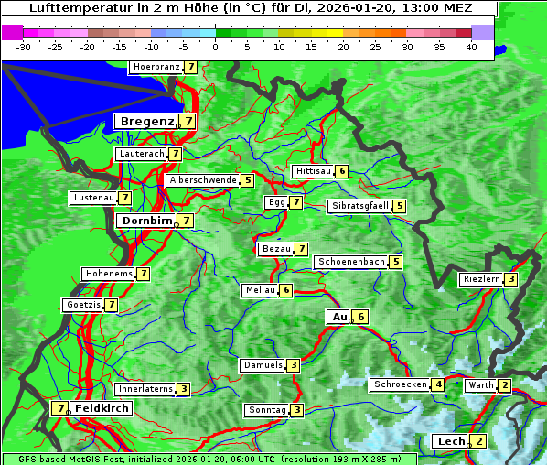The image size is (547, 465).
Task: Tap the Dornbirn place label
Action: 145,221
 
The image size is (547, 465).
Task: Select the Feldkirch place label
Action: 102,408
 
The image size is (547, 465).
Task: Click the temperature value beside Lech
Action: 479,441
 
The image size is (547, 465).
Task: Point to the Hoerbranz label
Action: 155,67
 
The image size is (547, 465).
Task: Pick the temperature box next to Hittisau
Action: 341,171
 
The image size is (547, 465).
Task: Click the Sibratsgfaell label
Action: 359,206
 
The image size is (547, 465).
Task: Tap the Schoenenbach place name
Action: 350,262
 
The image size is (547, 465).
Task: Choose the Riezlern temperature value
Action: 511,279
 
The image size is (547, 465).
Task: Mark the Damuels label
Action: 263,365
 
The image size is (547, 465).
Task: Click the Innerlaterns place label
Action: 145,389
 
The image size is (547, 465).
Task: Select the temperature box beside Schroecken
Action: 438,384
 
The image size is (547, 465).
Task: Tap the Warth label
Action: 480,385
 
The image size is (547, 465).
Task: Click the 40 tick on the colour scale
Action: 471,47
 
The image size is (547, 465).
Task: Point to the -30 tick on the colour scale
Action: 24,47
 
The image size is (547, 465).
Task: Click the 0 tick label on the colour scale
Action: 216,47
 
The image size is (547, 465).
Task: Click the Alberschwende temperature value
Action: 247,180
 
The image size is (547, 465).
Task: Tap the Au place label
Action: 339,317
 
